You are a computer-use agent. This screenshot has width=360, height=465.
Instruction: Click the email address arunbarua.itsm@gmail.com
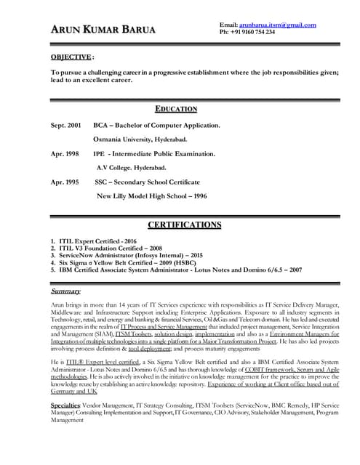click(279, 25)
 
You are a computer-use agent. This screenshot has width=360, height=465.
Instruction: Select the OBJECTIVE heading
click(71, 57)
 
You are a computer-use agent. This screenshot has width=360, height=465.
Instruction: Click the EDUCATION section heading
click(176, 109)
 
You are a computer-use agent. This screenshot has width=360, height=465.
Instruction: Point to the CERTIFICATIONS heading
click(184, 225)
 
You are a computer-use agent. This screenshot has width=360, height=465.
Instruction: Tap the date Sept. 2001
click(66, 126)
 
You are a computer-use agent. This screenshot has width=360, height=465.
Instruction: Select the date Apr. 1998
click(65, 154)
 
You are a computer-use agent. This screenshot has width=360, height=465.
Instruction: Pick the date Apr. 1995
click(65, 182)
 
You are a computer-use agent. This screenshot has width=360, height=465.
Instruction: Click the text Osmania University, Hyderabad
click(140, 139)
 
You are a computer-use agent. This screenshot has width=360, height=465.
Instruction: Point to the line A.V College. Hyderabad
click(141, 167)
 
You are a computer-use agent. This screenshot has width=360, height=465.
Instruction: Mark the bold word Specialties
click(65, 404)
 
